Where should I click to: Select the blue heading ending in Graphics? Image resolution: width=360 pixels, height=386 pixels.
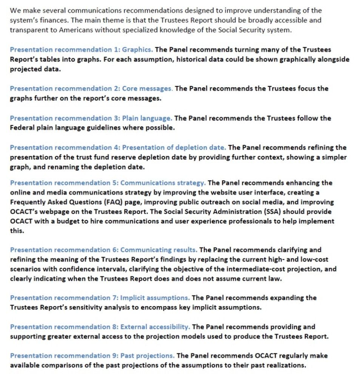(81, 49)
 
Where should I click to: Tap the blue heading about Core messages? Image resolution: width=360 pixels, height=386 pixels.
(91, 89)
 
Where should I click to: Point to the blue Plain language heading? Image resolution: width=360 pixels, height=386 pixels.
(91, 118)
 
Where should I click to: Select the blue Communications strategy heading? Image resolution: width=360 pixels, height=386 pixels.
(108, 183)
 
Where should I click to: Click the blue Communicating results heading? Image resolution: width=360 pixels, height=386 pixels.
(103, 250)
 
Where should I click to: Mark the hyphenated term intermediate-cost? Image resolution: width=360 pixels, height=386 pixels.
(264, 269)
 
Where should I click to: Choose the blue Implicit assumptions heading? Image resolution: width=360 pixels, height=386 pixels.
(100, 298)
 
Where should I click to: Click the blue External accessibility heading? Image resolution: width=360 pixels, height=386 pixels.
(100, 327)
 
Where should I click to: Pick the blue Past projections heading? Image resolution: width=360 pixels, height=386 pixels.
(92, 355)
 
